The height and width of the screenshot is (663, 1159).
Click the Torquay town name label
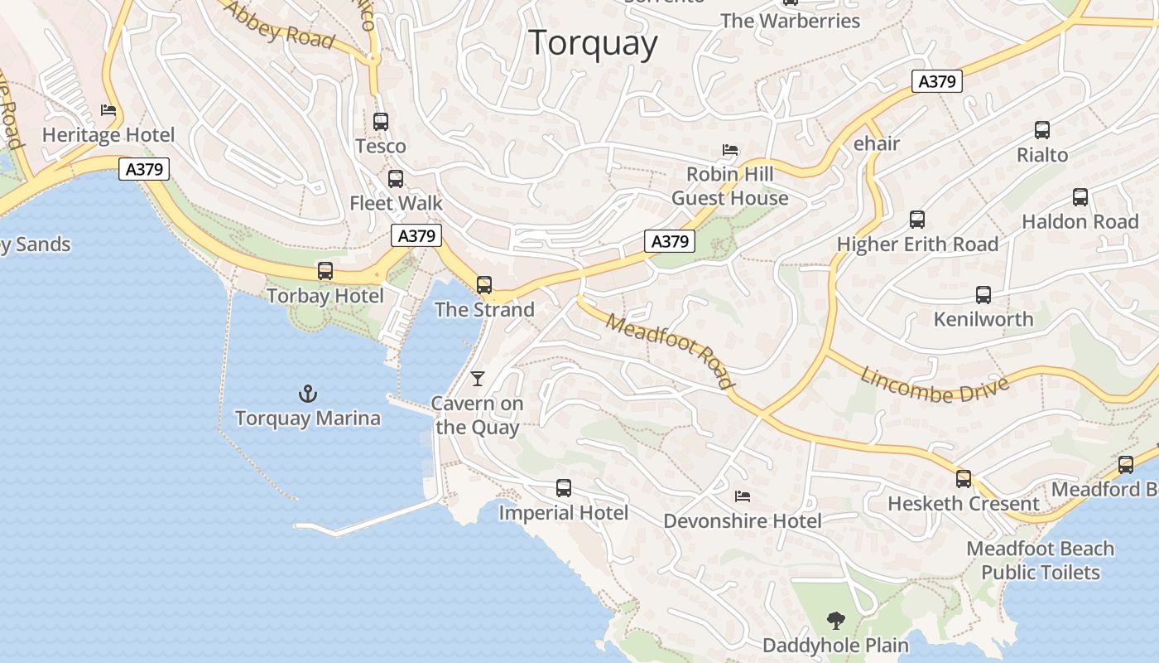pyautogui.click(x=593, y=42)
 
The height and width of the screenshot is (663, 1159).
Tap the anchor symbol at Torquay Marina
pyautogui.click(x=308, y=394)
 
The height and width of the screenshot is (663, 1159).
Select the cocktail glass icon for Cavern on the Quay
pyautogui.click(x=478, y=379)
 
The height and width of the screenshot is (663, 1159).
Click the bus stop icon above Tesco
pyautogui.click(x=381, y=122)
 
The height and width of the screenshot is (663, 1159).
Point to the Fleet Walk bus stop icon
pyautogui.click(x=396, y=178)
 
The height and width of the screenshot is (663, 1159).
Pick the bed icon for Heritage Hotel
pyautogui.click(x=108, y=110)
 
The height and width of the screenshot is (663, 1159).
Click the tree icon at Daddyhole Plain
pyautogui.click(x=836, y=620)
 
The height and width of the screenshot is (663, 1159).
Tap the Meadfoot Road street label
pyautogui.click(x=670, y=351)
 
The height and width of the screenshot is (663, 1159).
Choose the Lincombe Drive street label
pyautogui.click(x=935, y=383)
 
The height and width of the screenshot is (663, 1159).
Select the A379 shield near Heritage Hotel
pyautogui.click(x=144, y=170)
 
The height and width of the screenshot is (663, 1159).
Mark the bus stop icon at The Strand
pyautogui.click(x=484, y=285)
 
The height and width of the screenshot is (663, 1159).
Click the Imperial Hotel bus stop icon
pyautogui.click(x=564, y=488)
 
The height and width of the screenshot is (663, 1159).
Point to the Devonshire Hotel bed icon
pyautogui.click(x=743, y=496)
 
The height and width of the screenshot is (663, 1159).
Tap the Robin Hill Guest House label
pyautogui.click(x=730, y=186)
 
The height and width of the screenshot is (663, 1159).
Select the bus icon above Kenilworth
pyautogui.click(x=983, y=295)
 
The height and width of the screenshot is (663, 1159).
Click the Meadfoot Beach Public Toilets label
pyautogui.click(x=1041, y=560)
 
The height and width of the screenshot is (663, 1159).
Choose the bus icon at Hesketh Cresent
pyautogui.click(x=964, y=478)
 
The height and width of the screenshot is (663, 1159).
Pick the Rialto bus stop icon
pyautogui.click(x=1042, y=130)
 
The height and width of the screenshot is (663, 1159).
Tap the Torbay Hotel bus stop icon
pyautogui.click(x=325, y=271)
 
